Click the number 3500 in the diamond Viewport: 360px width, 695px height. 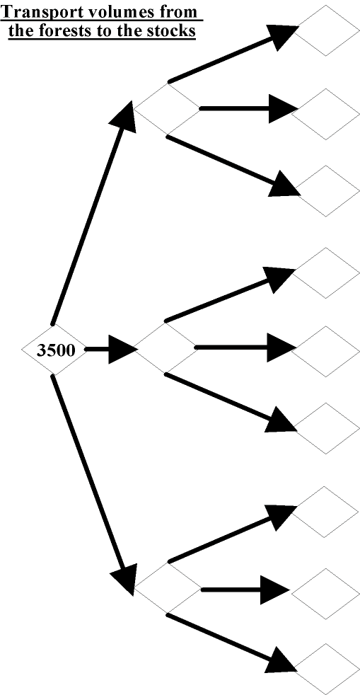pos(55,350)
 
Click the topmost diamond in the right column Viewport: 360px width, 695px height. pos(326,30)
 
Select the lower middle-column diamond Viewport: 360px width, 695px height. pos(168,589)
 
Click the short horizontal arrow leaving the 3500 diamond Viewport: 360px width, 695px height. pos(111,350)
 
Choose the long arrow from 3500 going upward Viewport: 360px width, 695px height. pos(92,213)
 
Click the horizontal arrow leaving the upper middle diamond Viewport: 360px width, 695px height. pos(248,108)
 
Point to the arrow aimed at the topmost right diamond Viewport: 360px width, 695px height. pos(232,54)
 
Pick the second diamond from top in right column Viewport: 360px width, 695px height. pos(326,114)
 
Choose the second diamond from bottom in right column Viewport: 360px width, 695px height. pos(326,594)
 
